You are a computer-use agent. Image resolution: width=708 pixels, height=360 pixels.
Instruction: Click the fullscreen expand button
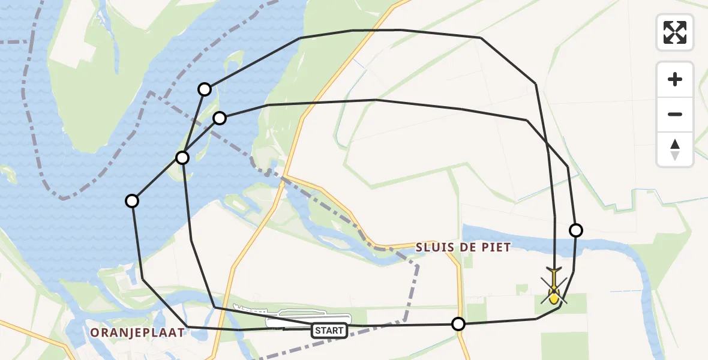point(675,32)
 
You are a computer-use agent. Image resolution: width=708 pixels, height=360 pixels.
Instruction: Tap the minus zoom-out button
point(675,114)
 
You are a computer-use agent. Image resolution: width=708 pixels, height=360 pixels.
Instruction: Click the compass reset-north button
point(675,149)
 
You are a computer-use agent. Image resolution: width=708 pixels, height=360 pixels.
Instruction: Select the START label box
point(329,331)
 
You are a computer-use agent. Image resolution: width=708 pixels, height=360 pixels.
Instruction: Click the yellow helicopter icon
point(553,291)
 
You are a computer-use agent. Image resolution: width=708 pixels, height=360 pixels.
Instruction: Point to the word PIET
point(495,247)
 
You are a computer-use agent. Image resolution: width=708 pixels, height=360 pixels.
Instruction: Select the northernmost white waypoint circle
point(205,89)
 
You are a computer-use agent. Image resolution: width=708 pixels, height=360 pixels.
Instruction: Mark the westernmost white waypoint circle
point(132,201)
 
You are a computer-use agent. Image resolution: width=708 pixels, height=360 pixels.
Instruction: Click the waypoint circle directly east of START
point(458,324)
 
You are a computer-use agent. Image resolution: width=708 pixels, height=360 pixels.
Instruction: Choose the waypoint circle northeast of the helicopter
point(575,230)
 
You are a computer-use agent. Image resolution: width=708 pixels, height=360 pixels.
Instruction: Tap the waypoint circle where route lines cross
point(182,158)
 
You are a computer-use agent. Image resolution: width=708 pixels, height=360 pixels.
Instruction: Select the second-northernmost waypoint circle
point(220,118)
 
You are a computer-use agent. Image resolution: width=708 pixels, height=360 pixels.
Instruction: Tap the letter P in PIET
point(484,247)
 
